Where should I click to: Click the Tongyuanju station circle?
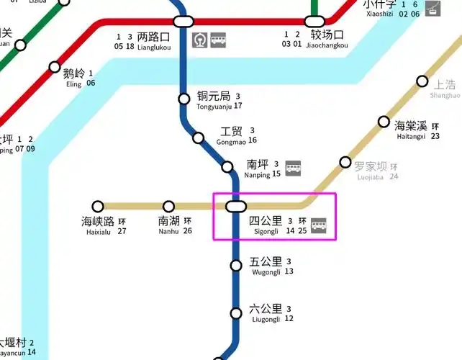(184, 99)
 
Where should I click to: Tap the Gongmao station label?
(232, 136)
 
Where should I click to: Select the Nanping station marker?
(227, 168)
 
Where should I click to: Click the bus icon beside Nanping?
(294, 168)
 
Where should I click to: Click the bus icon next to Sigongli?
(319, 225)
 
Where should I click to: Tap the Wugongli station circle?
(236, 266)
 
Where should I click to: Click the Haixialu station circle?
(98, 207)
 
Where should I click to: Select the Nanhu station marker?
(168, 207)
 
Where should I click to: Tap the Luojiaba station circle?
(345, 162)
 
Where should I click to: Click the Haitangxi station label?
(412, 130)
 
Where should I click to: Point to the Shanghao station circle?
(422, 81)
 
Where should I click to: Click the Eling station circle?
(55, 68)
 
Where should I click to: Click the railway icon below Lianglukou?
(200, 41)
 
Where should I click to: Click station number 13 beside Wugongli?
(289, 271)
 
